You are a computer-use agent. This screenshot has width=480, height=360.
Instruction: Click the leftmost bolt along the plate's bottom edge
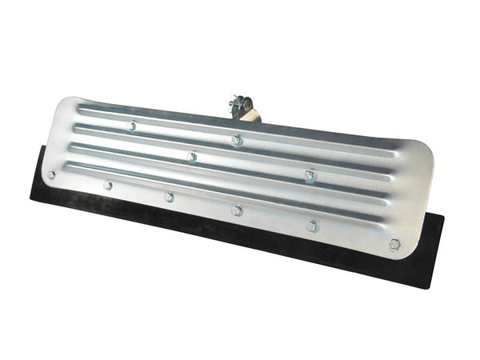(51, 174)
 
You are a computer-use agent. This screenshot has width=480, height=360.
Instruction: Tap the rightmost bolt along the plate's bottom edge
(394, 244)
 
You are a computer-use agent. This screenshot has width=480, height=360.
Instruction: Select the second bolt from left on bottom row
(108, 185)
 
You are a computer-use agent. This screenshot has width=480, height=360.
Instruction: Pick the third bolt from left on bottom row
(169, 197)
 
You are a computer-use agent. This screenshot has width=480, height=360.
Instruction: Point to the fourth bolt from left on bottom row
(237, 210)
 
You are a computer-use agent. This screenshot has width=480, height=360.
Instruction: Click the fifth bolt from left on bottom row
(312, 226)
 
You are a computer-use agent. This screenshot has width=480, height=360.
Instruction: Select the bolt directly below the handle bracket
(237, 140)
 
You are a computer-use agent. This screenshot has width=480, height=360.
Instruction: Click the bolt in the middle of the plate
(192, 157)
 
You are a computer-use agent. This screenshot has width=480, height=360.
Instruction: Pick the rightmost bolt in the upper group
(310, 175)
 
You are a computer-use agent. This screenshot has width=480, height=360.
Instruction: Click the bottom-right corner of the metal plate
(410, 254)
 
